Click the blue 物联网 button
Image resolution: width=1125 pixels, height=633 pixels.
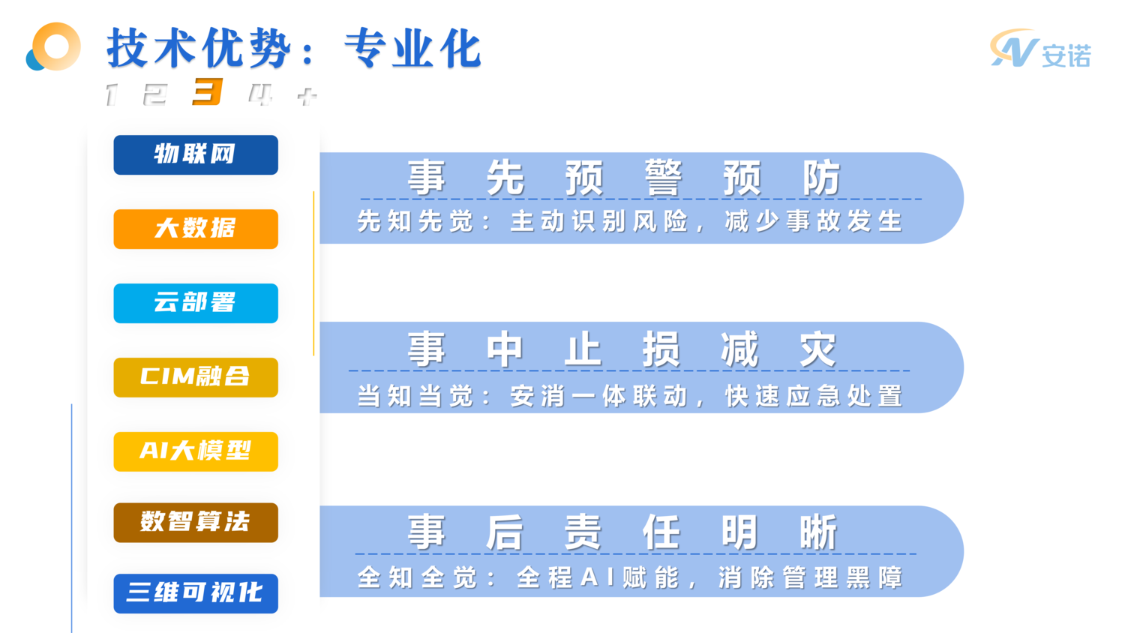pyautogui.click(x=196, y=154)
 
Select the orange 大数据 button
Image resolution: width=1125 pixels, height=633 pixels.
pyautogui.click(x=196, y=229)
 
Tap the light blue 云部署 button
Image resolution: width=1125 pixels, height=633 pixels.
pyautogui.click(x=196, y=303)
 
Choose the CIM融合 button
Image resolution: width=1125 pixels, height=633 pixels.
pyautogui.click(x=196, y=377)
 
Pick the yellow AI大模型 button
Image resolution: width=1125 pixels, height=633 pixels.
pyautogui.click(x=196, y=451)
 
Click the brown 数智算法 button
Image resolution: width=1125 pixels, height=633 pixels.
pyautogui.click(x=196, y=522)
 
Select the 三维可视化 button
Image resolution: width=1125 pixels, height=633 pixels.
pyautogui.click(x=196, y=593)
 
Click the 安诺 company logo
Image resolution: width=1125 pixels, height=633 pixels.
pyautogui.click(x=1040, y=50)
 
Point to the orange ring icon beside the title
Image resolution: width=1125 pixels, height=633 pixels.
pyautogui.click(x=54, y=46)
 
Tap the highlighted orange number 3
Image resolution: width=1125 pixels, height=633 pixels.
pyautogui.click(x=208, y=92)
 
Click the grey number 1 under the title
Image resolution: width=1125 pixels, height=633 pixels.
pyautogui.click(x=112, y=94)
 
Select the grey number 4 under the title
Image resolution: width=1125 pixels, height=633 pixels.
pyautogui.click(x=260, y=94)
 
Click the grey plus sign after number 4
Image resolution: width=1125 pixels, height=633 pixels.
pyautogui.click(x=307, y=96)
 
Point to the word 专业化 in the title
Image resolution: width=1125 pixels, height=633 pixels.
pyautogui.click(x=412, y=49)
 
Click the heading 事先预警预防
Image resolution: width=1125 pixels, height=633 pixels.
pyautogui.click(x=623, y=178)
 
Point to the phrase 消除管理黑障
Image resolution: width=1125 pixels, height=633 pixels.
pyautogui.click(x=810, y=578)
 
